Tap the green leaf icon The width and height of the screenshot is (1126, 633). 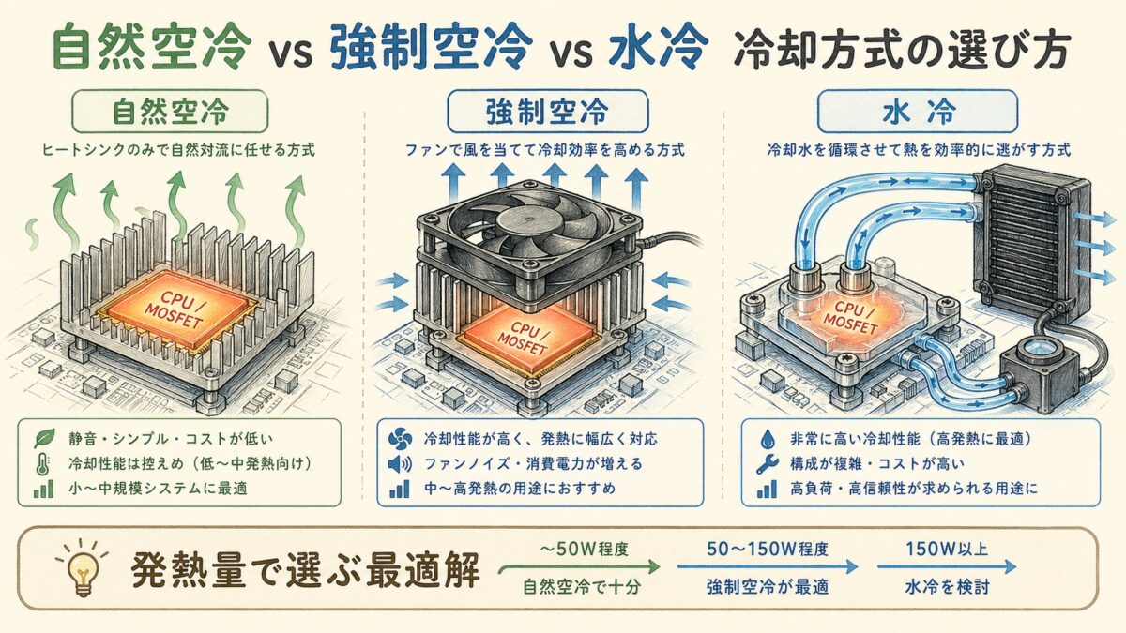41,437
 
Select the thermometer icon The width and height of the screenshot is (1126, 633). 41,463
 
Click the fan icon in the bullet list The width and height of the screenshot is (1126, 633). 399,437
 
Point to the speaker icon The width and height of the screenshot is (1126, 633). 399,463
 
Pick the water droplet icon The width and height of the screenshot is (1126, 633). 762,437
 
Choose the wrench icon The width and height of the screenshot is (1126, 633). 762,463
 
